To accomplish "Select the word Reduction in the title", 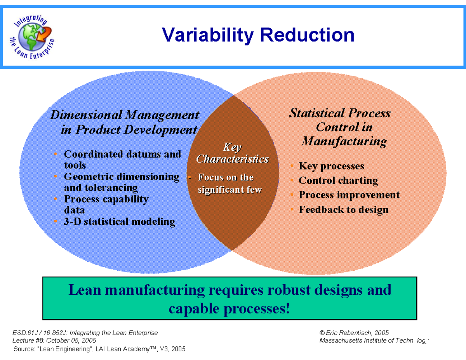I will coord(307,35).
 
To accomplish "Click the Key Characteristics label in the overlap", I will coord(232,153).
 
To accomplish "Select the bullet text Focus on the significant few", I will coord(229,183).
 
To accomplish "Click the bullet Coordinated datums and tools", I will coord(122,160).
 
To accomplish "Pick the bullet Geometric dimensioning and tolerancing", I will coord(121,182).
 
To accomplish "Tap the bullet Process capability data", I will coord(106,205).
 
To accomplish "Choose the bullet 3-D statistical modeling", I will coord(119,222).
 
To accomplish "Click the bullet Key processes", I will coord(331,166).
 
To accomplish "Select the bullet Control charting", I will coord(338,181).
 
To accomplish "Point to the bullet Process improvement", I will coord(349,195).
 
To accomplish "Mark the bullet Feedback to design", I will coord(343,210).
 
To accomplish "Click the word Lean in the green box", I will coord(85,290).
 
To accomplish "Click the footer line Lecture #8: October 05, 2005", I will coord(55,340).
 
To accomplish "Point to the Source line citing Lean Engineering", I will coord(99,349).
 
